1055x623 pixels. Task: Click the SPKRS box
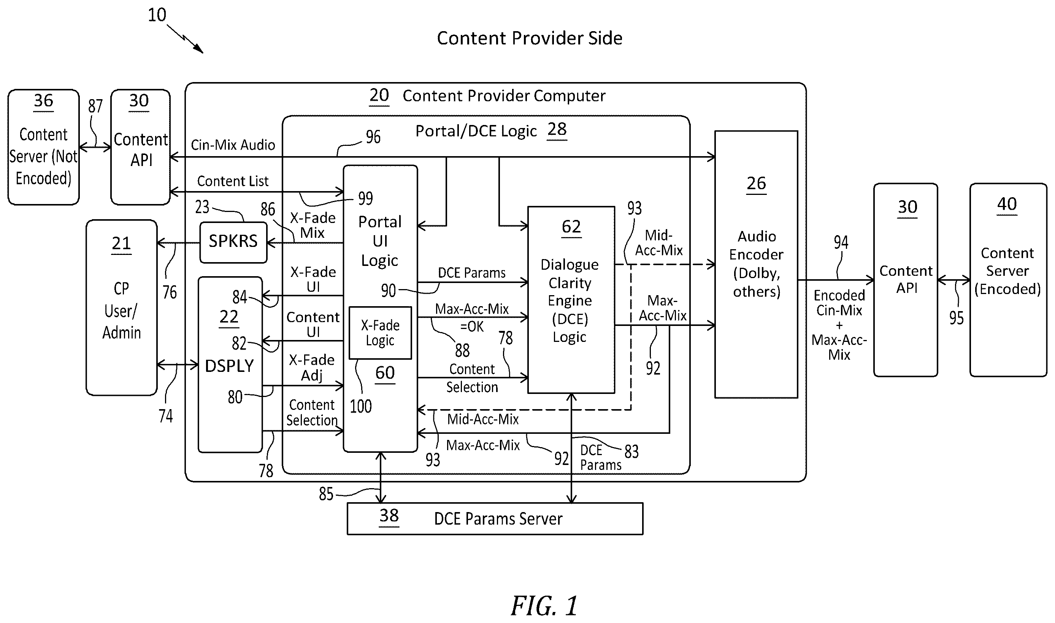(233, 242)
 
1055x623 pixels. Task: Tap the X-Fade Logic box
(380, 332)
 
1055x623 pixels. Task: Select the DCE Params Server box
(495, 519)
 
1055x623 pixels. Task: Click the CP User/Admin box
(121, 307)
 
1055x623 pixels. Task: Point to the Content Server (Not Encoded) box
(44, 147)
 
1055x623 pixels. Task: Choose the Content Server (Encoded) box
(1008, 280)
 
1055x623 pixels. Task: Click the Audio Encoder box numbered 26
(756, 264)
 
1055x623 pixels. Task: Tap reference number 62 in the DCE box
(571, 227)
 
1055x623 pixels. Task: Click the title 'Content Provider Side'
(529, 38)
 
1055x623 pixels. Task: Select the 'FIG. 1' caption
(544, 606)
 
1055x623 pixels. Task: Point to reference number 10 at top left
(157, 15)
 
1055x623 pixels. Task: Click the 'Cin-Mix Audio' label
(233, 145)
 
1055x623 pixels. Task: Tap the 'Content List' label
(233, 181)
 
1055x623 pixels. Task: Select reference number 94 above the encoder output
(841, 242)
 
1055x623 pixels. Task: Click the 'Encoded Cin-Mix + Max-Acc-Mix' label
(839, 325)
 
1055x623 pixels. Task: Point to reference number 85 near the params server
(326, 494)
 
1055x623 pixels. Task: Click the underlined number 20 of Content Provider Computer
(379, 96)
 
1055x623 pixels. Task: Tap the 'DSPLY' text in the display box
(229, 366)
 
